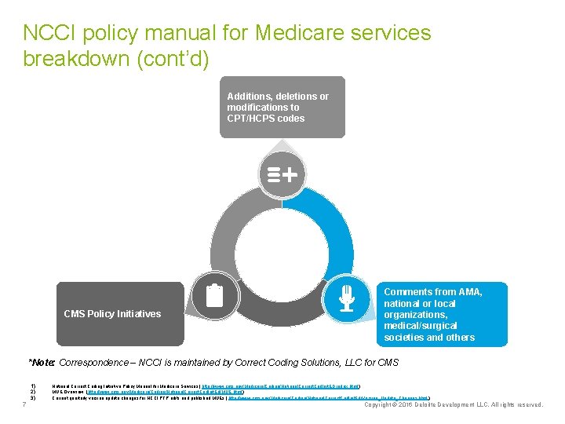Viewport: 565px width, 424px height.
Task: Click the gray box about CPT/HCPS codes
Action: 282,107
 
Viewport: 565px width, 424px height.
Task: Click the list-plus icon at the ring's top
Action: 282,174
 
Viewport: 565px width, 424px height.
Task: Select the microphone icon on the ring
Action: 346,297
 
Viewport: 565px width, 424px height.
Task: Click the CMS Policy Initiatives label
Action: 112,314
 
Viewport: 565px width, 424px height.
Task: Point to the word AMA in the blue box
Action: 468,292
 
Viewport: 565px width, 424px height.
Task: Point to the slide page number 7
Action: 25,404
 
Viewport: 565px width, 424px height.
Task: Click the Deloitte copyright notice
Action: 454,405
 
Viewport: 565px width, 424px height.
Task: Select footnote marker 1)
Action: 33,386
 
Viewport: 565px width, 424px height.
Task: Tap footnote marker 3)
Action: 33,397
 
